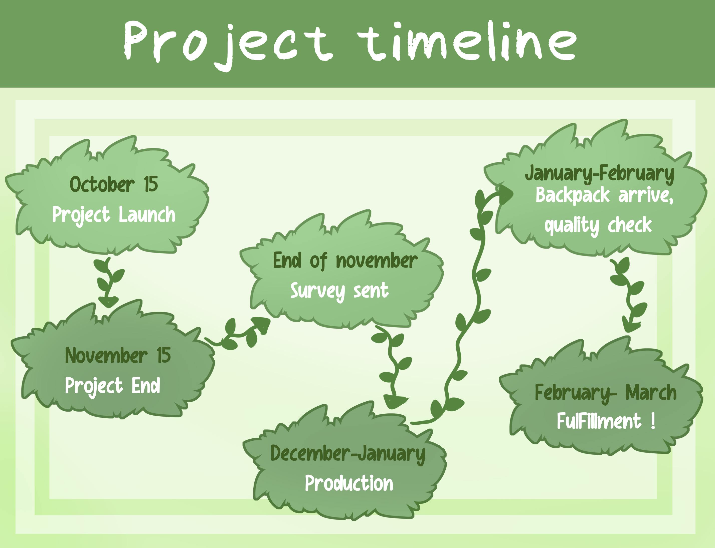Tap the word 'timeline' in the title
point(467,41)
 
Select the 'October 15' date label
point(114,184)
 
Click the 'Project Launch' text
point(114,215)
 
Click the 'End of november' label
point(345,261)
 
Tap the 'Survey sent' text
point(339,291)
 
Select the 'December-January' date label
point(348,454)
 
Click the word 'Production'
point(349,483)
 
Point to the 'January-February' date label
point(600,174)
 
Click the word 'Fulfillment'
point(599,421)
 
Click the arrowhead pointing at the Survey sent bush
point(262,324)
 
